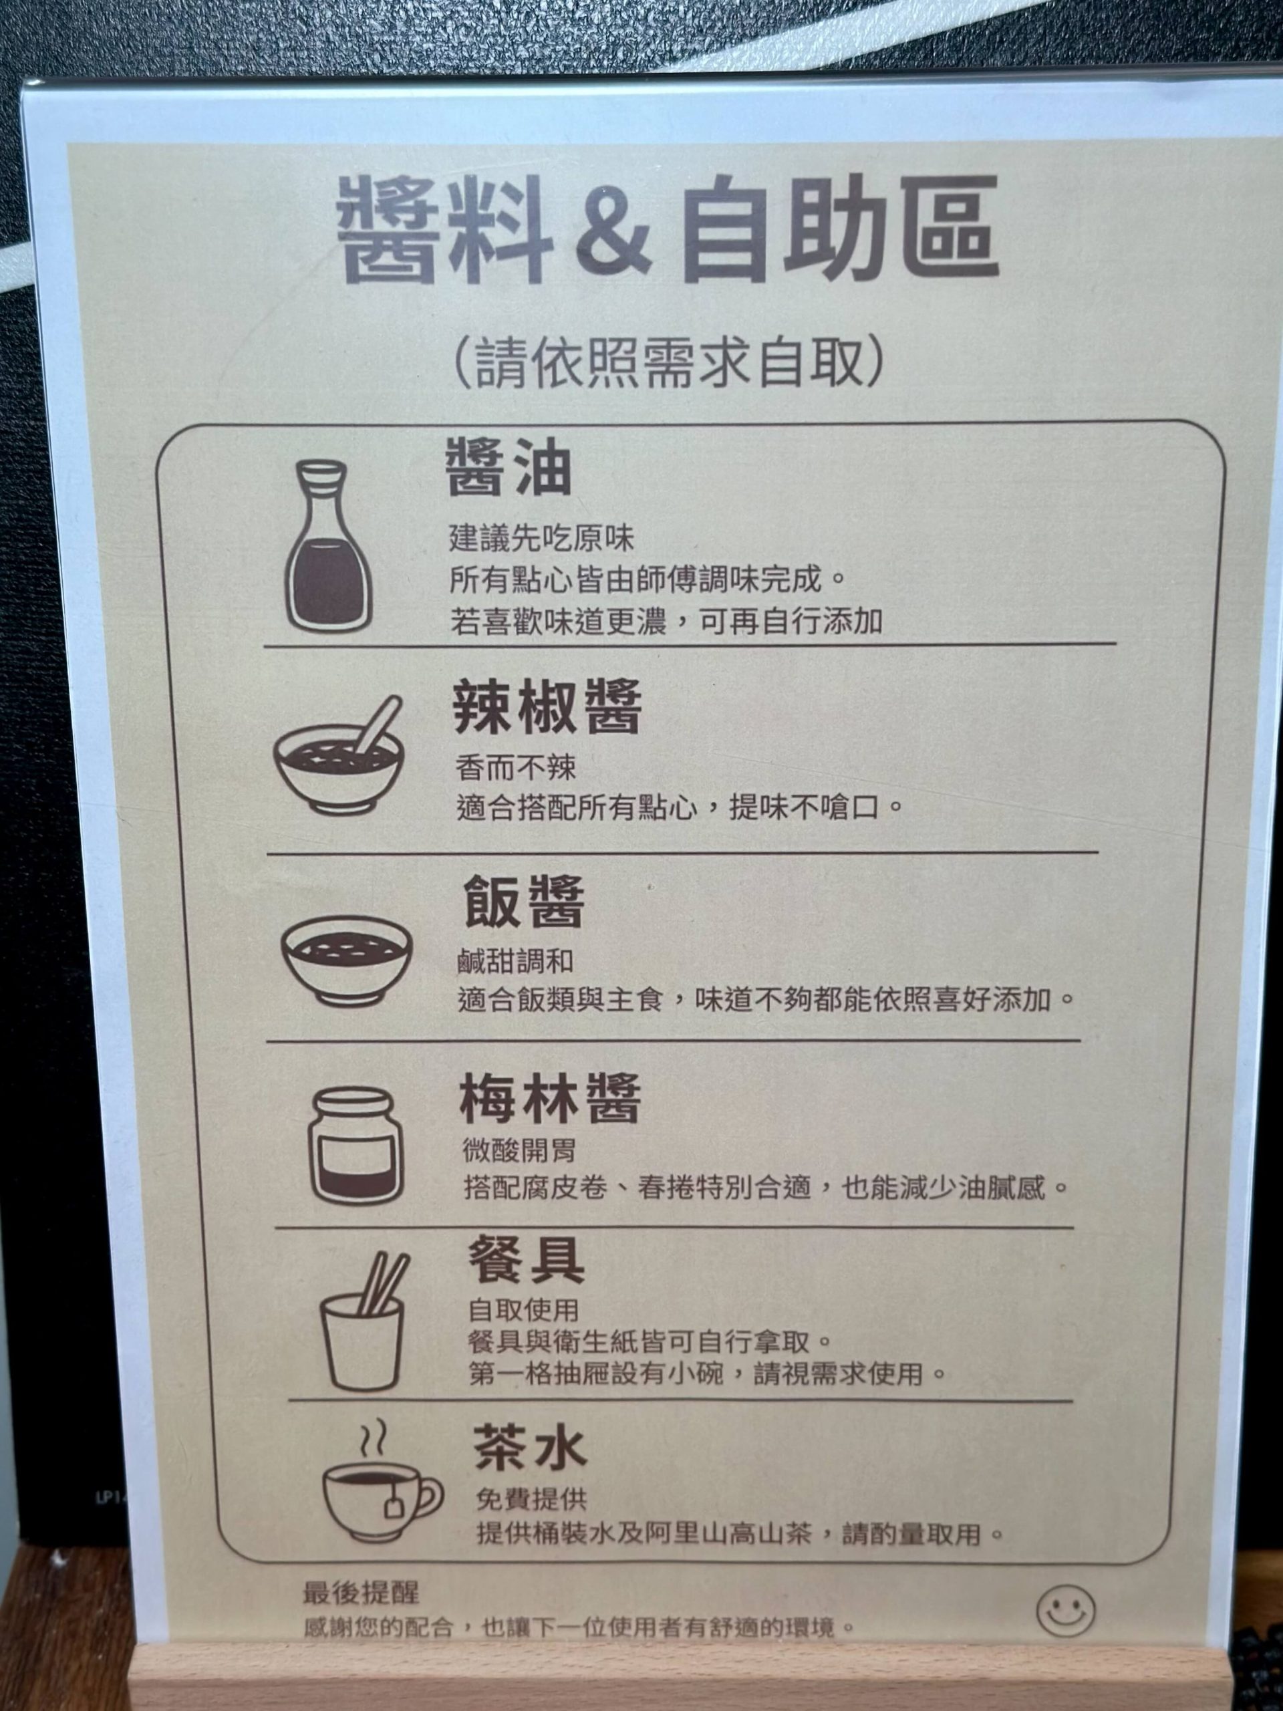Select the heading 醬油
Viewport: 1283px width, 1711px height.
pyautogui.click(x=508, y=469)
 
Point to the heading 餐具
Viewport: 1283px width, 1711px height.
pyautogui.click(x=526, y=1259)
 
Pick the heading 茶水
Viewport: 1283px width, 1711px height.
pyautogui.click(x=531, y=1446)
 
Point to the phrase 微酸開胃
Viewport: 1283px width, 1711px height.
pyautogui.click(x=519, y=1150)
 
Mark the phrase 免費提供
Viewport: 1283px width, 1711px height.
pyautogui.click(x=532, y=1500)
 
